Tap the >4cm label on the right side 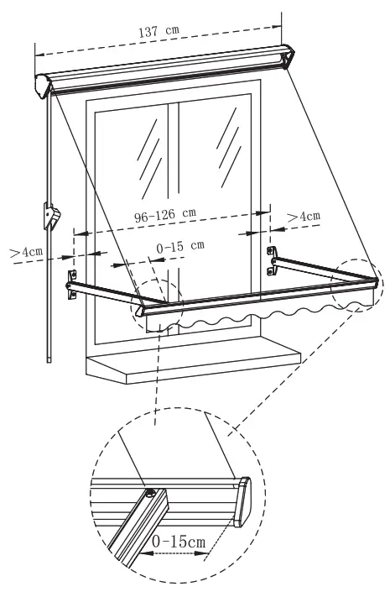click(x=303, y=217)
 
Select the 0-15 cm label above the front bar click(x=180, y=245)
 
